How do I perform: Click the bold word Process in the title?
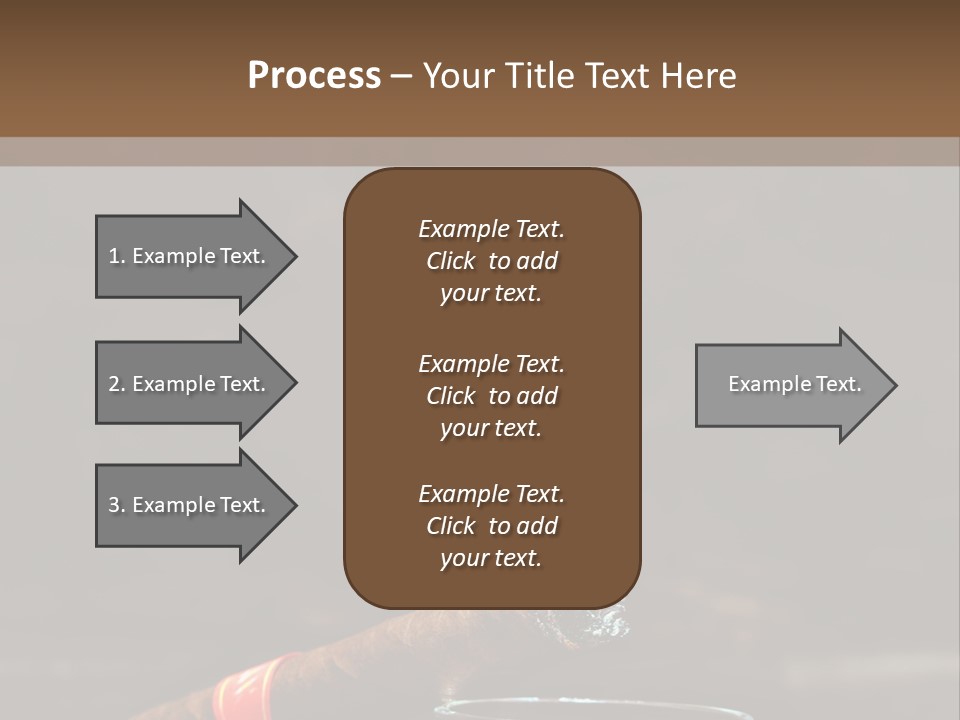[x=314, y=76]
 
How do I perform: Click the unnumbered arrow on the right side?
[x=790, y=385]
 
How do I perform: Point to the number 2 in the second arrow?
[x=114, y=384]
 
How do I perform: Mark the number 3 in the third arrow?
[x=114, y=505]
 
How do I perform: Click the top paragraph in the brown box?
[x=491, y=261]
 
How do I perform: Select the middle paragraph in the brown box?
[x=491, y=395]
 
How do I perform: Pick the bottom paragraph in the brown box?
[x=491, y=526]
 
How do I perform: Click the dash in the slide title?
[x=401, y=77]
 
